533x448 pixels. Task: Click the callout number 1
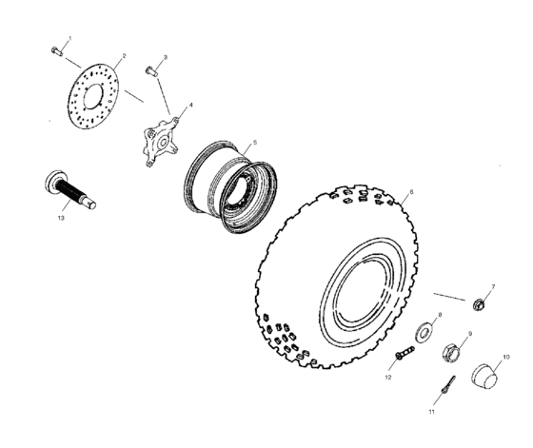69,38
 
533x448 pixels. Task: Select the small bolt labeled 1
56,50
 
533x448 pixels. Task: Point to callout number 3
165,58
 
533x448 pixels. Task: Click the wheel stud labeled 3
150,70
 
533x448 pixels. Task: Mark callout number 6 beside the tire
410,191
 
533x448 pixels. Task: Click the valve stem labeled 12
404,355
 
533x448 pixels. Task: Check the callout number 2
124,56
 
